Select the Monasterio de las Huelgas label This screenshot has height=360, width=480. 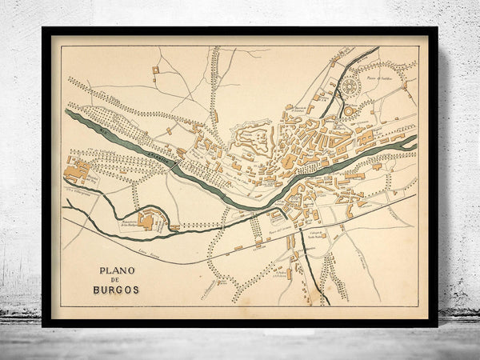131,226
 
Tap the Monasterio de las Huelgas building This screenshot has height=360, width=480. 146,220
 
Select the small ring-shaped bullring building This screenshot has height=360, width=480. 350,110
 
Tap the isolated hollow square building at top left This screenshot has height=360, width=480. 156,70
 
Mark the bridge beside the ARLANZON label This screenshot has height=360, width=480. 177,157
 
